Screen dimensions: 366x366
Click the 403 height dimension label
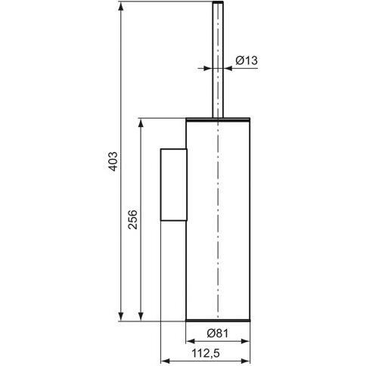(113, 162)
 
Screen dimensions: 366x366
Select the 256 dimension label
(132, 219)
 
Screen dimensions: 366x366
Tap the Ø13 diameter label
(247, 60)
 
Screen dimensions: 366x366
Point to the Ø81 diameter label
(218, 333)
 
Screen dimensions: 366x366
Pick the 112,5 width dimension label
(206, 353)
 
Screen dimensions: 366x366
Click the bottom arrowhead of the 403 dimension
(121, 316)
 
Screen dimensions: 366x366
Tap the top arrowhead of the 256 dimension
(141, 123)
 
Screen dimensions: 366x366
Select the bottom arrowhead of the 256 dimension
(141, 316)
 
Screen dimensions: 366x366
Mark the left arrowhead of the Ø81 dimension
(191, 341)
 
